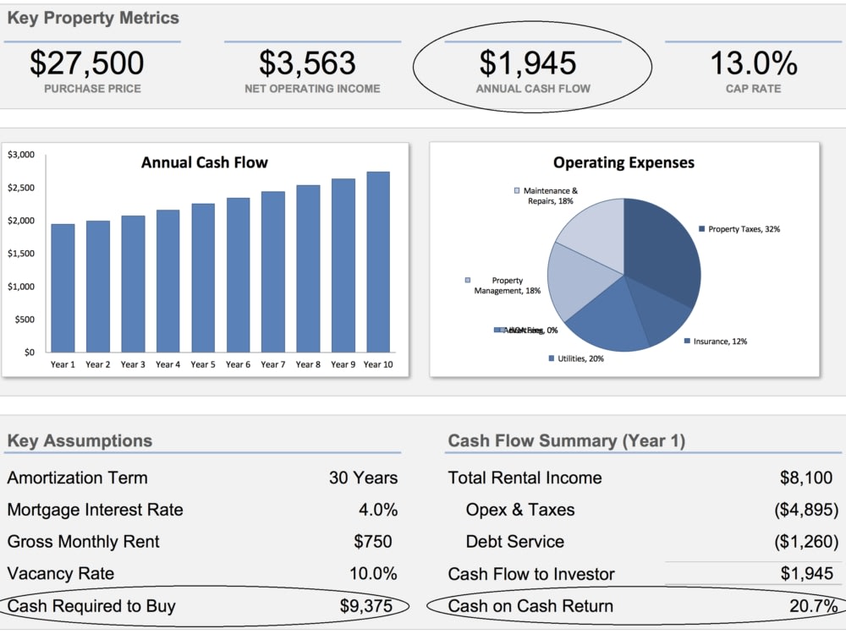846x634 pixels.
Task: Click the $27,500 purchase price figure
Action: [87, 63]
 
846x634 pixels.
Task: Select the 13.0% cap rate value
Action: [753, 63]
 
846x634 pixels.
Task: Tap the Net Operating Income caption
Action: [312, 89]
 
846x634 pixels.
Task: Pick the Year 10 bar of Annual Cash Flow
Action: [377, 262]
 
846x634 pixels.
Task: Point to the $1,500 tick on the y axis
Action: [21, 254]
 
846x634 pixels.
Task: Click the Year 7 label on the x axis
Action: [272, 364]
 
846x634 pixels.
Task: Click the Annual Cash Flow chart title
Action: [205, 162]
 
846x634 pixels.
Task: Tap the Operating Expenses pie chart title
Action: [624, 162]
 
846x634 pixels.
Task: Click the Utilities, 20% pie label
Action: [580, 359]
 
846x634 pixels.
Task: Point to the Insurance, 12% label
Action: [720, 342]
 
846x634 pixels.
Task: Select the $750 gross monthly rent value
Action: [373, 542]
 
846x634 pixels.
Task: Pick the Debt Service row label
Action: [515, 542]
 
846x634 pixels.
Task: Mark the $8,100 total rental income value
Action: [806, 478]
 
